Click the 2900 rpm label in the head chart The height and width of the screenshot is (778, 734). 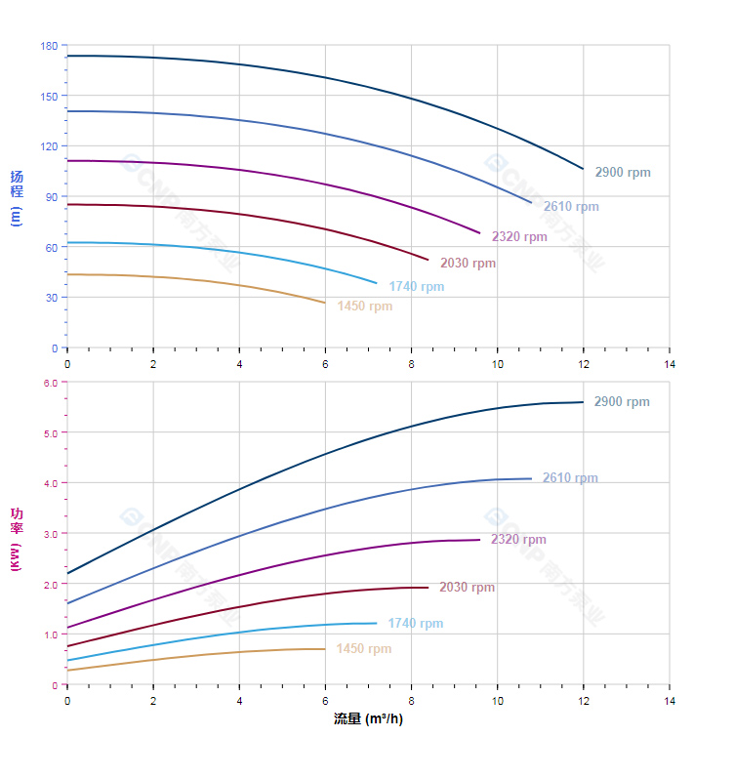tap(622, 173)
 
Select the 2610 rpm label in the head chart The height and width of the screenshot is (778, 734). tap(571, 207)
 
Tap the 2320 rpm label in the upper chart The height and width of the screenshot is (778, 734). tap(519, 237)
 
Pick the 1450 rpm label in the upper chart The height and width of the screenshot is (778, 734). tap(364, 307)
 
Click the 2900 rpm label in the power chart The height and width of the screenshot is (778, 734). tap(622, 402)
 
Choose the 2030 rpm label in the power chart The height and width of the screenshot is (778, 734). tap(467, 588)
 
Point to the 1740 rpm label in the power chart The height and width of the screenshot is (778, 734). tap(415, 624)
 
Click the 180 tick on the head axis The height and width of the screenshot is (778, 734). tap(49, 46)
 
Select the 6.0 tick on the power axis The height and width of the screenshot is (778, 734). tap(51, 383)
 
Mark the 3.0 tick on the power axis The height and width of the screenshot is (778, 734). tap(51, 534)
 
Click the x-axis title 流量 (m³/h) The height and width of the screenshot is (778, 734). tap(368, 719)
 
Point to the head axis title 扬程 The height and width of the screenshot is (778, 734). tap(17, 184)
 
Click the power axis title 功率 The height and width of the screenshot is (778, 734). tap(17, 521)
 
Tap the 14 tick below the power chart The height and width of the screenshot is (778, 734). tap(670, 701)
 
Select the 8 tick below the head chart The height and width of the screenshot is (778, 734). tap(411, 364)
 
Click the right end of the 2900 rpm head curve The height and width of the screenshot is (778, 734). tap(583, 169)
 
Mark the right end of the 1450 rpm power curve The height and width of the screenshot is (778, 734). tap(325, 649)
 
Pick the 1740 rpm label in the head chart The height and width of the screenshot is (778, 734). tap(416, 287)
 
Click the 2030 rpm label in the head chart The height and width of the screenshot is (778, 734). tap(468, 264)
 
